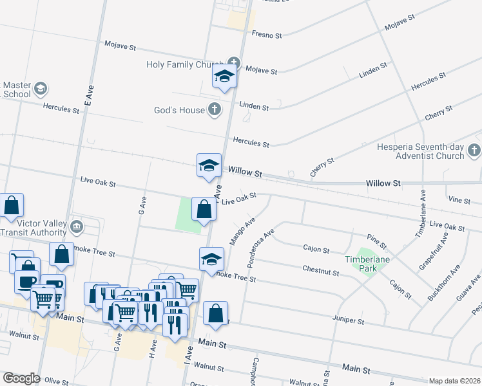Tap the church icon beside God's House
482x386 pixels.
point(215,110)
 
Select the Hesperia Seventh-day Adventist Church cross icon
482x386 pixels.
point(474,151)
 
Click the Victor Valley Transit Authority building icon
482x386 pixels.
point(77,226)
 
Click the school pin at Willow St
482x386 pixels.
point(209,165)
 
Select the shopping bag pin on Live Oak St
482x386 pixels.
point(204,209)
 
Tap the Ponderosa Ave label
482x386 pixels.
point(260,247)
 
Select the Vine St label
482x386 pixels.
point(459,201)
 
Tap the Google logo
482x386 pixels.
point(21,378)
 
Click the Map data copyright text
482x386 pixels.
point(454,381)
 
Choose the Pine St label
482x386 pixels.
point(376,242)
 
